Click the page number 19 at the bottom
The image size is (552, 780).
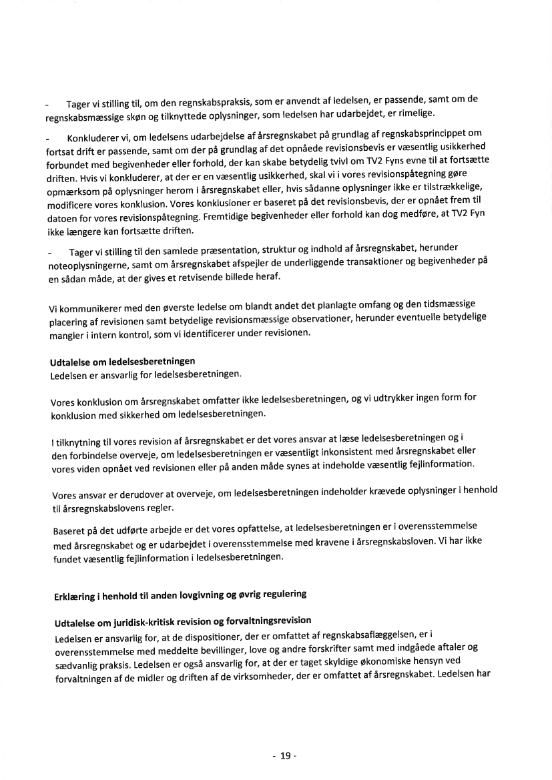284,755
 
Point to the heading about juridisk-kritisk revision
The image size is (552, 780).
183,621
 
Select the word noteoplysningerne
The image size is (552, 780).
90,265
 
